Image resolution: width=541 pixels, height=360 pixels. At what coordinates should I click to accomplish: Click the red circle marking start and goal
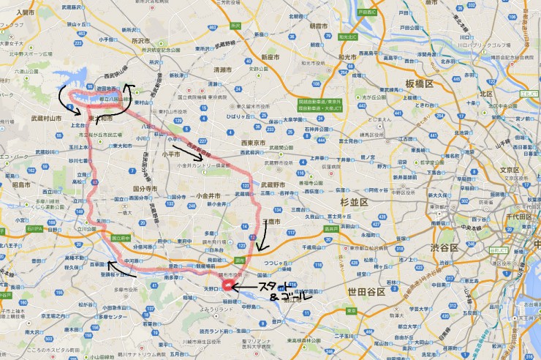tap(228, 285)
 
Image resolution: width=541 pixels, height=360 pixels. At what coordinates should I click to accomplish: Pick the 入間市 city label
tap(25, 12)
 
